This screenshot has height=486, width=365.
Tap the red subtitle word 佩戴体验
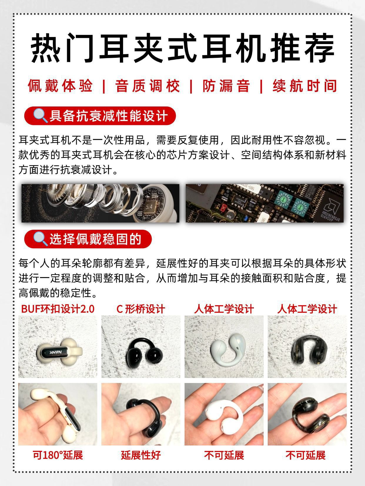click(x=60, y=86)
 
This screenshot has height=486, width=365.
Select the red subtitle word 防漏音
click(x=226, y=86)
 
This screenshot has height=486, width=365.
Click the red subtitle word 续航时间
click(x=305, y=86)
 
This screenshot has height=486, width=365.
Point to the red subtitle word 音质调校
click(x=147, y=86)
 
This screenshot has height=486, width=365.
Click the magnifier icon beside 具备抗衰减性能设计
click(x=40, y=116)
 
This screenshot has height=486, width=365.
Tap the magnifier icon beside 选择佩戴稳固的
click(x=40, y=239)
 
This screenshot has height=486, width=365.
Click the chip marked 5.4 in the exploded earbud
click(x=149, y=207)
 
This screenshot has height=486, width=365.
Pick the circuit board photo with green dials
click(x=264, y=203)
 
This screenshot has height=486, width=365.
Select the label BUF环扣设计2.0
click(x=58, y=309)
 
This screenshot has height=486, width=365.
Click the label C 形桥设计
click(x=141, y=309)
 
